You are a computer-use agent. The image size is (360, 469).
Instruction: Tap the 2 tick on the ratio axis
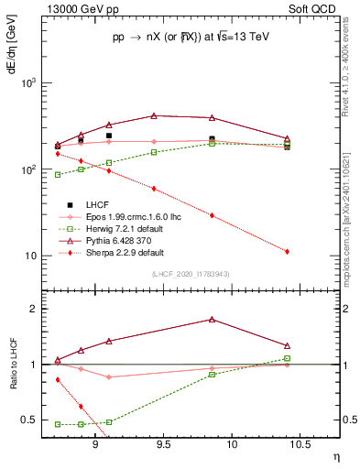click(x=36, y=309)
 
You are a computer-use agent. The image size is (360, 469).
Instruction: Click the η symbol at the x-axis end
click(x=334, y=455)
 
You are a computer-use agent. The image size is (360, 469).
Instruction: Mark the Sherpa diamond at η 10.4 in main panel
click(x=288, y=251)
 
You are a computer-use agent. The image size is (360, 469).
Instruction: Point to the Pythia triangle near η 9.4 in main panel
click(x=154, y=116)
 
